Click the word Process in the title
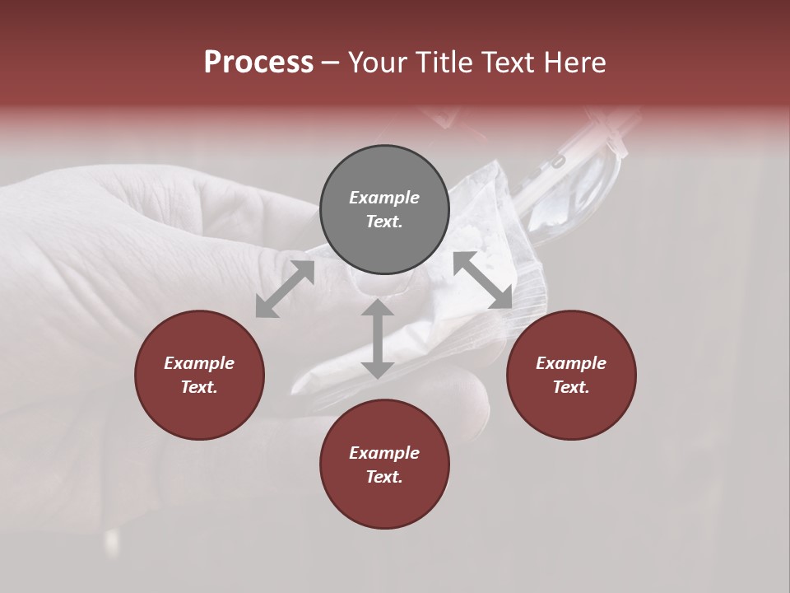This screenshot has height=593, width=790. (258, 63)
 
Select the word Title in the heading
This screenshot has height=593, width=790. (445, 63)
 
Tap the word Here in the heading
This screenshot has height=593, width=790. (573, 63)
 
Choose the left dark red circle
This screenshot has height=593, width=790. (199, 375)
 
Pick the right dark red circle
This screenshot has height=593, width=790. (571, 375)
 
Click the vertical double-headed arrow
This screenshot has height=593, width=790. (378, 339)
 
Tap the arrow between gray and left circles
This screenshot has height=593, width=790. (285, 288)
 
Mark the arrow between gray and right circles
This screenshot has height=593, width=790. (483, 280)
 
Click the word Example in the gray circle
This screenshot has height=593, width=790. (384, 198)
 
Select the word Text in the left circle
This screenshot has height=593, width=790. (199, 387)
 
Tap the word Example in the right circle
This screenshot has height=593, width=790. (571, 363)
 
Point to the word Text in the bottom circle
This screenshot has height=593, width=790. (384, 477)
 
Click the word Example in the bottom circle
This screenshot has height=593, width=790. (384, 453)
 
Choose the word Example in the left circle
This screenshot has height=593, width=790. (199, 363)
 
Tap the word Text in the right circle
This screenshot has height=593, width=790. (571, 387)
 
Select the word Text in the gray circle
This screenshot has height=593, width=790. (384, 222)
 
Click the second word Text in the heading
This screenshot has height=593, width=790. (508, 63)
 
